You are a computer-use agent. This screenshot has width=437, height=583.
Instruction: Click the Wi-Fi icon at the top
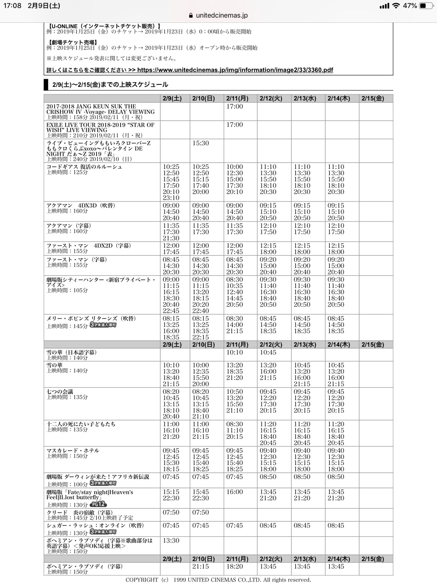point(396,6)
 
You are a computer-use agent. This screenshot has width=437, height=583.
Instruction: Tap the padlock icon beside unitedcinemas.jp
point(191,15)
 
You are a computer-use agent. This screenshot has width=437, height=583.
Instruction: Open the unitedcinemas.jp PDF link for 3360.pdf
point(235,70)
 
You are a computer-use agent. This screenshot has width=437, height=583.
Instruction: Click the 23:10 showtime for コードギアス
point(171,198)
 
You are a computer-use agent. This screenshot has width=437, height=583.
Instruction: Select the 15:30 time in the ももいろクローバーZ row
point(200,143)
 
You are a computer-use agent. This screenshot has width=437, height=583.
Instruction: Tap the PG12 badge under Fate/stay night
point(98,504)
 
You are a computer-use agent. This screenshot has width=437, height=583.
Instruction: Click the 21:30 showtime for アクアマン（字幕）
point(171,238)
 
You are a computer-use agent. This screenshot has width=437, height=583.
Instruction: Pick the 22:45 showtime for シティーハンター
point(171,311)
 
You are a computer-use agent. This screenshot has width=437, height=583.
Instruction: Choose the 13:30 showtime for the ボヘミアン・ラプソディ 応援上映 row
point(171,540)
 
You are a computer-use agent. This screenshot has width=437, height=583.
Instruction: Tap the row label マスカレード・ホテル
point(73,450)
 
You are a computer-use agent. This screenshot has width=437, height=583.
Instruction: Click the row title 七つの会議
point(60,391)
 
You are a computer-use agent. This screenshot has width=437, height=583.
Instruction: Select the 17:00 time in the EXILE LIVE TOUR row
point(235,125)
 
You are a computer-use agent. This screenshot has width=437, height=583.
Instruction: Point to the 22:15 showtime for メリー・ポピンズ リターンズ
point(200,337)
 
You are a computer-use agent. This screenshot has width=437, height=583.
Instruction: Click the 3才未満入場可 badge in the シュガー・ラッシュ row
point(103,532)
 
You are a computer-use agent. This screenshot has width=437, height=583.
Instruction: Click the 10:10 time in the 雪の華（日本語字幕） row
point(235,352)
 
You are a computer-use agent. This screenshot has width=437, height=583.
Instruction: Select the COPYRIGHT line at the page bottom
point(218,580)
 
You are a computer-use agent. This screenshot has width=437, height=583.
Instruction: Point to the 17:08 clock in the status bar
point(12,6)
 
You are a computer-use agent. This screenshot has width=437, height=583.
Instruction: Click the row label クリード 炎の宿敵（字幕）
point(80,512)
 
